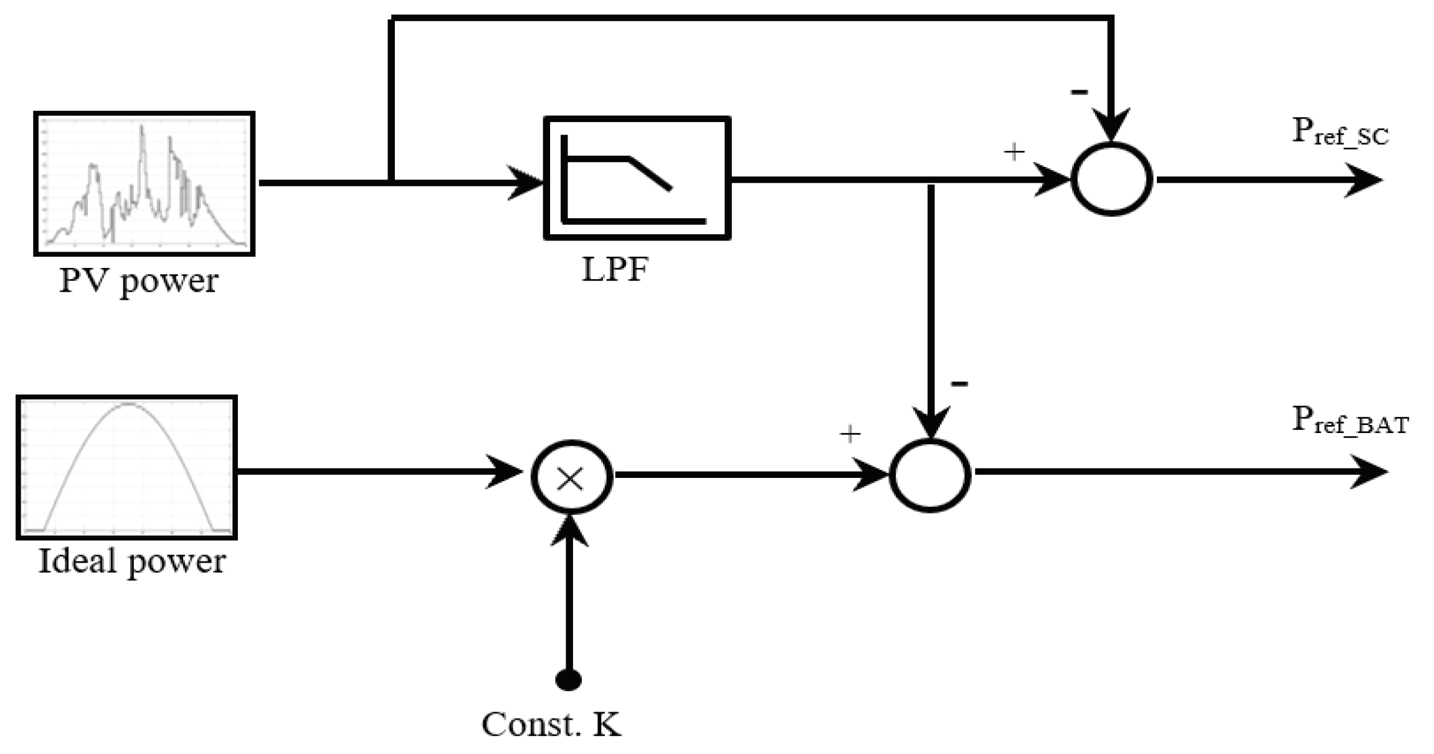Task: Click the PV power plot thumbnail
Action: click(144, 184)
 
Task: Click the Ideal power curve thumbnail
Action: click(126, 467)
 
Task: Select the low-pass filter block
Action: click(637, 178)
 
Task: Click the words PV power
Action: click(138, 281)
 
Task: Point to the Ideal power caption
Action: click(131, 561)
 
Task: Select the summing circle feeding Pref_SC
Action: click(1111, 179)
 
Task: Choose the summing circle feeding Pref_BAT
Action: click(930, 476)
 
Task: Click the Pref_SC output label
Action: click(1340, 133)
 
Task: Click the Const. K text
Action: click(551, 725)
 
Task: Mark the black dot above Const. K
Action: click(568, 680)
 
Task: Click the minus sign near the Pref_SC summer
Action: click(1079, 92)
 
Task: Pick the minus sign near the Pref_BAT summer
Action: click(959, 383)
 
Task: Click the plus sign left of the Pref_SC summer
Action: click(1014, 151)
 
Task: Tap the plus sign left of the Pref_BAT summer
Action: click(850, 434)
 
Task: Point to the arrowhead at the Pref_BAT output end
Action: click(1368, 472)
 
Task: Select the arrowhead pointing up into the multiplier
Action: click(570, 530)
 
